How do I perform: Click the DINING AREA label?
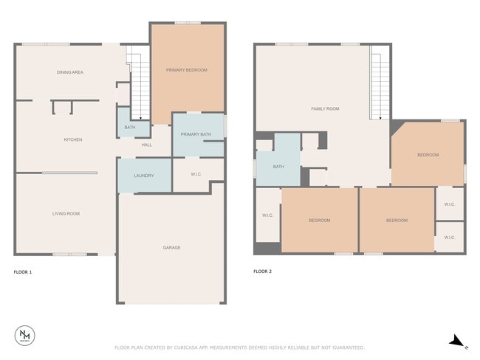[x=69, y=72]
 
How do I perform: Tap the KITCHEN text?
[x=72, y=139]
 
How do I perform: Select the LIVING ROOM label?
[x=66, y=214]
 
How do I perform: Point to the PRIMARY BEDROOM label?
[x=186, y=70]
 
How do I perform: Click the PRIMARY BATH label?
[x=196, y=134]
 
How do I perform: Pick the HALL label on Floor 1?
[x=147, y=145]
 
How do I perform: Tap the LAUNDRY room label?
[x=143, y=176]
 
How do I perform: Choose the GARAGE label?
[x=171, y=248]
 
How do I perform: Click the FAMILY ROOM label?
[x=325, y=109]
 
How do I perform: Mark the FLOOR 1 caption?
[x=23, y=272]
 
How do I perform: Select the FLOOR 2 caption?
[x=262, y=272]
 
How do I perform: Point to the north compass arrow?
[x=457, y=341]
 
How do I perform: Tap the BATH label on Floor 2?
[x=278, y=167]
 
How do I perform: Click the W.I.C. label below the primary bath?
[x=196, y=175]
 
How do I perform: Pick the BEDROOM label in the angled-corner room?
[x=428, y=155]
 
